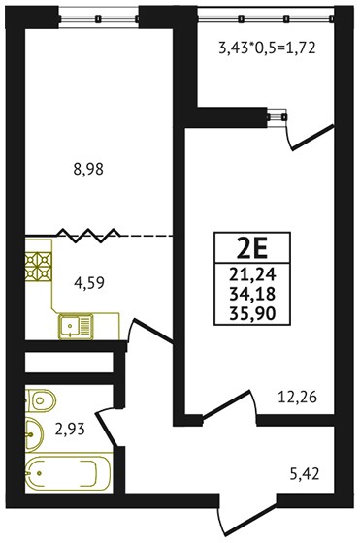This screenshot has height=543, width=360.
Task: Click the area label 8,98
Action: pos(88,170)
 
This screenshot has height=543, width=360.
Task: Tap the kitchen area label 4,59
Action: pos(89,282)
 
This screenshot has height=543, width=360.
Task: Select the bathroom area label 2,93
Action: pos(70,429)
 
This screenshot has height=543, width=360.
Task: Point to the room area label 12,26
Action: pos(298,398)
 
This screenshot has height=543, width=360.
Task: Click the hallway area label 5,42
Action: pos(305,473)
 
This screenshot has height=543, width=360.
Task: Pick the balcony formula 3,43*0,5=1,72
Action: pos(267,48)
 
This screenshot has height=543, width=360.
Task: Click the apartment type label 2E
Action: pos(252,250)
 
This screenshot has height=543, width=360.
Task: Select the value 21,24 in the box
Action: pos(252,274)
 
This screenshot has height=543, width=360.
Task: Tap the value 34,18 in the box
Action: pos(252,295)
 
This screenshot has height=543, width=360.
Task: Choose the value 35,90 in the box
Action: pos(252,314)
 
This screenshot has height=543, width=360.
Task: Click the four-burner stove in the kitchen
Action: pos(38,267)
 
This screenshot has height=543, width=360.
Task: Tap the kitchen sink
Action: pos(76,327)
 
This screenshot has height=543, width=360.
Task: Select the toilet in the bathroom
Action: pos(40,400)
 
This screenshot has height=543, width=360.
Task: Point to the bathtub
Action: pos(68,473)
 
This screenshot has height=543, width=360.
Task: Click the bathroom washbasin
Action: pos(34,434)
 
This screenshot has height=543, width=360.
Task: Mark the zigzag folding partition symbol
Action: pos(89,236)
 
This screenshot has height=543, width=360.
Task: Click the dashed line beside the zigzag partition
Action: pos(147,236)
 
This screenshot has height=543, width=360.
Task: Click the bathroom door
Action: pos(108,427)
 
